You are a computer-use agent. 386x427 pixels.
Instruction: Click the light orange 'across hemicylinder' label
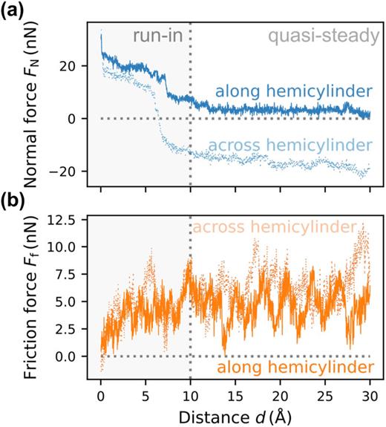274,226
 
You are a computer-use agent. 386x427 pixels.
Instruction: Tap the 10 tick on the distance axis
190,390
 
